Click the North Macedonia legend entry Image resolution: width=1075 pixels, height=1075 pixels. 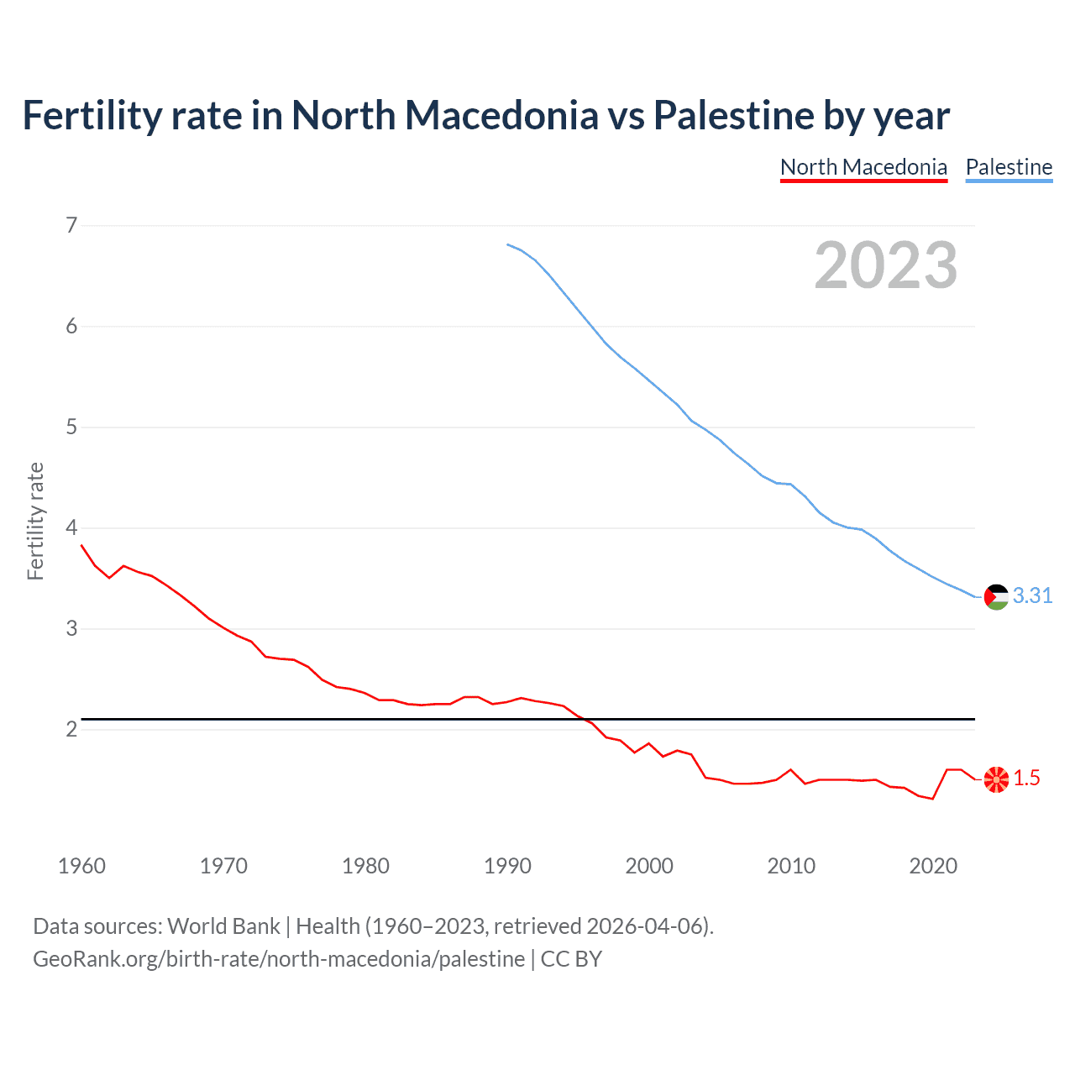(863, 167)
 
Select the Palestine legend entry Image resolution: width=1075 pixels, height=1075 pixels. (1009, 167)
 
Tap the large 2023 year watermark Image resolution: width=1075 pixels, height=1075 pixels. (885, 265)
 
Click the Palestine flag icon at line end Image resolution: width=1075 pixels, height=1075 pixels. (996, 596)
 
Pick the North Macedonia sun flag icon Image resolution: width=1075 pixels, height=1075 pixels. (996, 779)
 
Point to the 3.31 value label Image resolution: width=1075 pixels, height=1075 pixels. (1032, 595)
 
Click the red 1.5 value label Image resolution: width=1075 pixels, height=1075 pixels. (1026, 779)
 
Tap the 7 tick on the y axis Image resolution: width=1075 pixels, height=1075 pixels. (71, 225)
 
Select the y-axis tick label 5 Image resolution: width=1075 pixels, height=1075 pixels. (71, 427)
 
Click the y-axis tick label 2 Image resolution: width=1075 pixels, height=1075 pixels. (71, 729)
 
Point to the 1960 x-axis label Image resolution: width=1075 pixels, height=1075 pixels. (81, 866)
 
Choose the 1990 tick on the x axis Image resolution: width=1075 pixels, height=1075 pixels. (507, 866)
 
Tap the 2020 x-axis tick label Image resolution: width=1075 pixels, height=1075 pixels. (933, 866)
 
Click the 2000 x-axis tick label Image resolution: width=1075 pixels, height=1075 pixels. (649, 866)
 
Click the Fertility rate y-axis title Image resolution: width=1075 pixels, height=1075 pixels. (35, 521)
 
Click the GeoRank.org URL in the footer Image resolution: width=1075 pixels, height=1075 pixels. (279, 959)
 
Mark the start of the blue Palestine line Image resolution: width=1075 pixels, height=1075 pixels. (508, 244)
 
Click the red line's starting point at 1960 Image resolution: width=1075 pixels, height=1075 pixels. (81, 545)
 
